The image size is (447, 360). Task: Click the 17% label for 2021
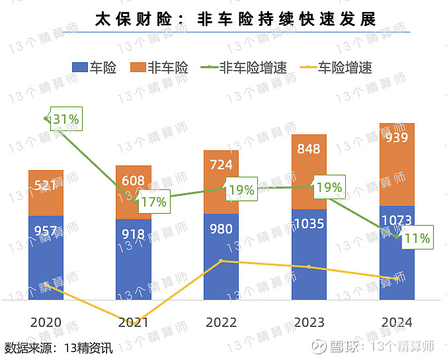pos(153,202)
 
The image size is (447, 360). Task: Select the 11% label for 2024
pos(417,238)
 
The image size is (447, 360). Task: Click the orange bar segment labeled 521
pos(46,193)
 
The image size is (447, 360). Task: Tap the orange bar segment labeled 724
pos(221,182)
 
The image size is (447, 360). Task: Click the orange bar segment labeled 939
pos(397,164)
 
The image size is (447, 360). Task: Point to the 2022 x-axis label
pos(221,322)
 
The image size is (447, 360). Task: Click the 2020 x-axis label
pos(46,322)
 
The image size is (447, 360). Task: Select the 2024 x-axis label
pos(397,322)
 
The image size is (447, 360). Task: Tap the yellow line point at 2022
pos(221,261)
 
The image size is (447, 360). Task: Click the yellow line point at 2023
pos(309,267)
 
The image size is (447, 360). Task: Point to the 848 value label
pos(309,149)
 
